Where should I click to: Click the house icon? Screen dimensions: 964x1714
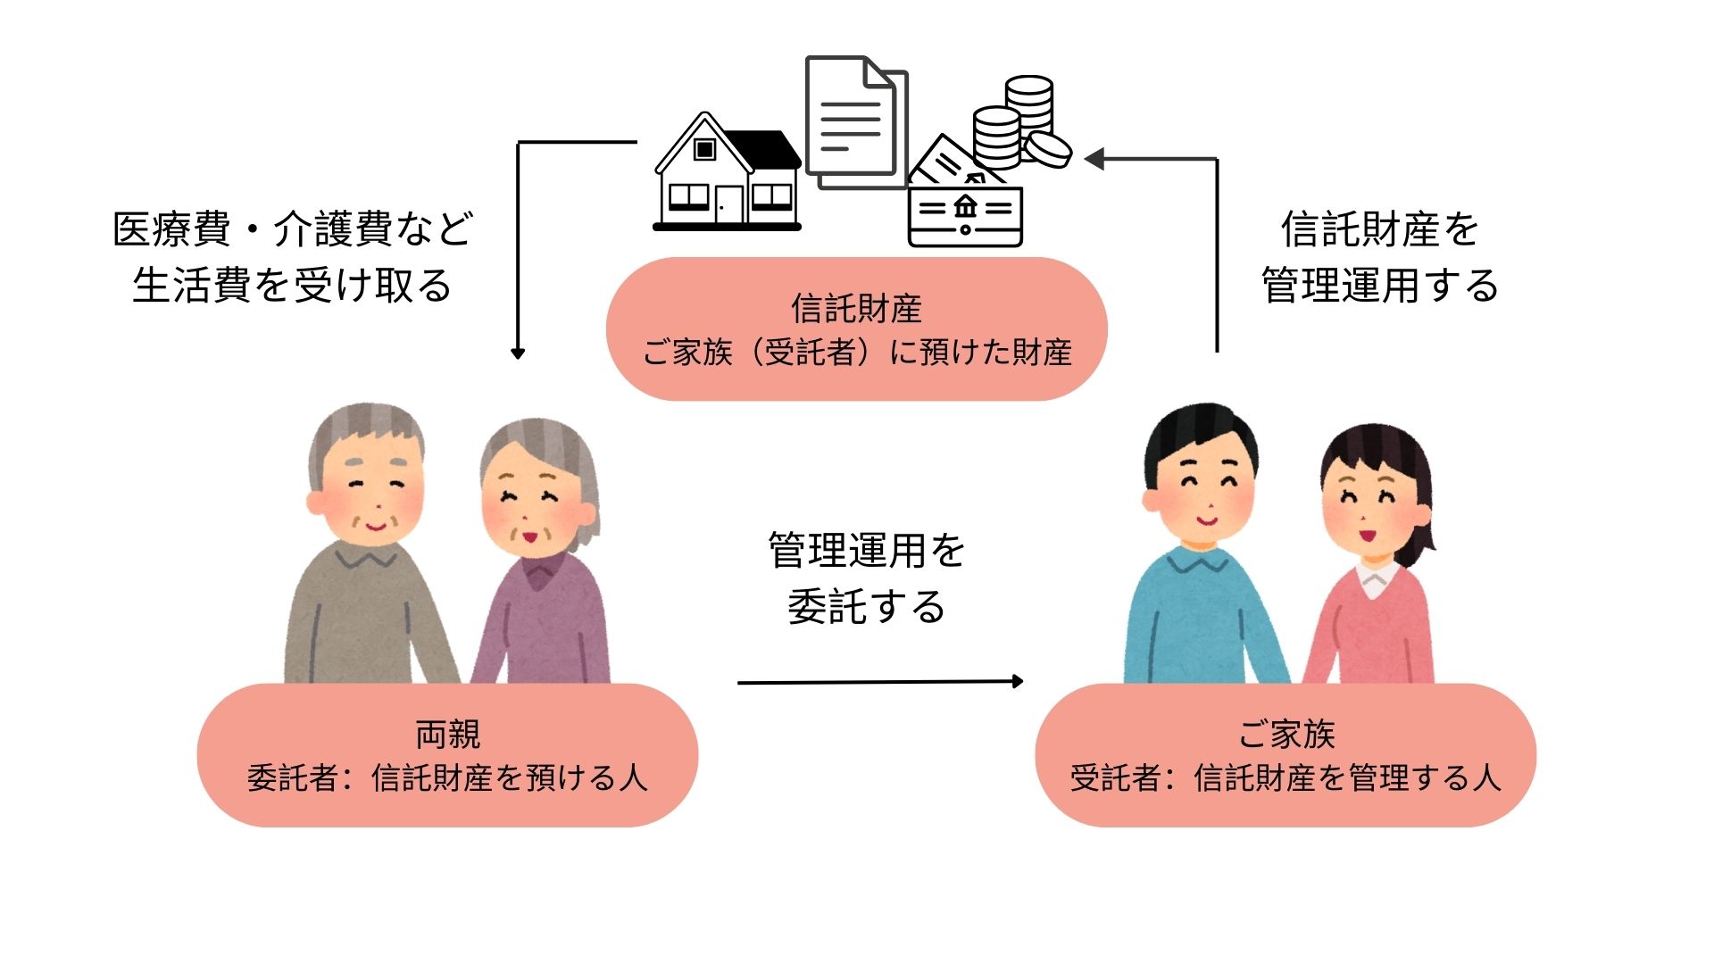point(727,174)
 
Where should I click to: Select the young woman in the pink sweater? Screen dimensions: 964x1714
point(1370,571)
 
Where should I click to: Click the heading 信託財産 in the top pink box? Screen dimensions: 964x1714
point(856,309)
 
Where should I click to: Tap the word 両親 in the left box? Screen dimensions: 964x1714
point(447,735)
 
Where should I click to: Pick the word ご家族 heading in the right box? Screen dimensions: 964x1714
point(1285,735)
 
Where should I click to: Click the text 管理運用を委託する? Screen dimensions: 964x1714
point(866,578)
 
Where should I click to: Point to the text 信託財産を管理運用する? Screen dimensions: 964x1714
point(1379,257)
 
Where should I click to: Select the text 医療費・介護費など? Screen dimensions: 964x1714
point(293,229)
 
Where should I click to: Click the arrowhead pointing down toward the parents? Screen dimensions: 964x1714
point(518,353)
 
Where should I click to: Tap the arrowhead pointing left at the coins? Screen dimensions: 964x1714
point(1094,159)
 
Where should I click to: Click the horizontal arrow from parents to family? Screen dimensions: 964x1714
point(879,682)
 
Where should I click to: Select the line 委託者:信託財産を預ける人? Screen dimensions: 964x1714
point(447,778)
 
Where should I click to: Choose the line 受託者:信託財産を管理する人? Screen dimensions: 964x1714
point(1285,778)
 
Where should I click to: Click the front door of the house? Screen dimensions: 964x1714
point(728,204)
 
